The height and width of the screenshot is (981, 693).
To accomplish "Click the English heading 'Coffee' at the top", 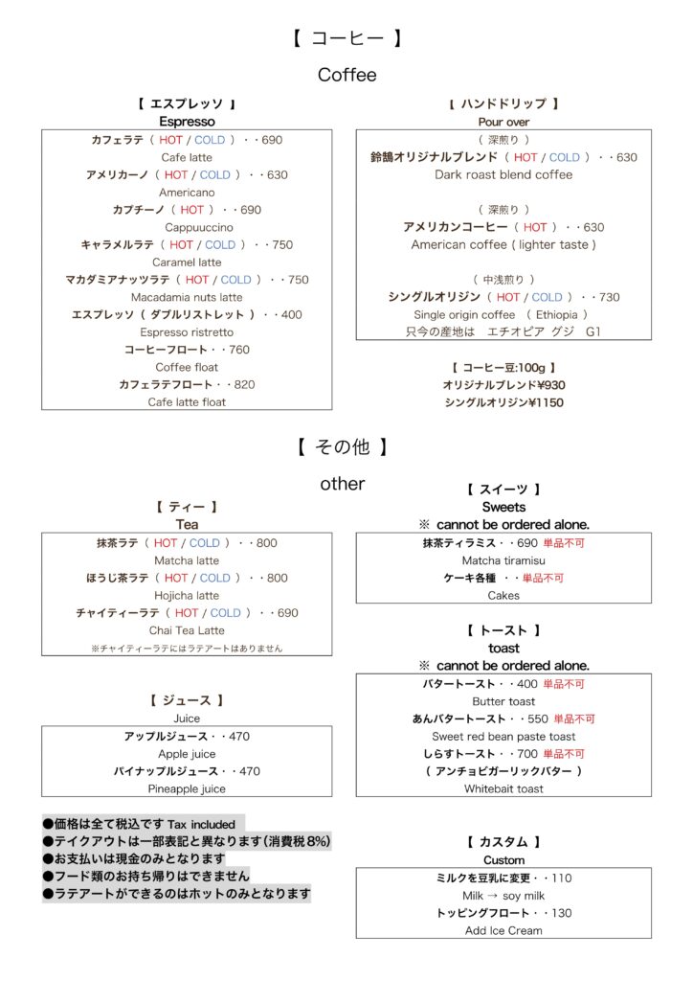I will (346, 75).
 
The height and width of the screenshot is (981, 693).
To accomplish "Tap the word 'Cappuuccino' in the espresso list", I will (187, 227).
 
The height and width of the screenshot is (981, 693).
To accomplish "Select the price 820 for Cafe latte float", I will (244, 384).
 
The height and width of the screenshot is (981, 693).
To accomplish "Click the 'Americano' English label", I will (187, 193).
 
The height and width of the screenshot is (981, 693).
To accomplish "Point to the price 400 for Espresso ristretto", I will (291, 314).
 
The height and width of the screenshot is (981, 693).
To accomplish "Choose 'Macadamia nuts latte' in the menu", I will (187, 297).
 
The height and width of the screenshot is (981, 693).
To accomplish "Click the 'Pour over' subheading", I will (503, 122).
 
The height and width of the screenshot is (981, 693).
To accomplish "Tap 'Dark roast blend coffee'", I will (503, 174).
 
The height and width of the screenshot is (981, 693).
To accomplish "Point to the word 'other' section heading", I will (342, 484).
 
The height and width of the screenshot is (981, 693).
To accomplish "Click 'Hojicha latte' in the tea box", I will (187, 595).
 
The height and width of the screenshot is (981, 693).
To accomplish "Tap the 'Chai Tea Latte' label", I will (187, 630).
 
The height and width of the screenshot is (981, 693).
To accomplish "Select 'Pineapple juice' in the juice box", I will (187, 788).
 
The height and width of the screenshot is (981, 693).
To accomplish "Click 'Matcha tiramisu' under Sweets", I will (503, 560).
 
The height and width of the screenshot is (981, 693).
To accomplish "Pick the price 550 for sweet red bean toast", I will (537, 719).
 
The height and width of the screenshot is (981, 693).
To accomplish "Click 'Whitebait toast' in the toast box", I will (503, 788).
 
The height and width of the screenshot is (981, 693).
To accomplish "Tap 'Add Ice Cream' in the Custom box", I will (503, 930).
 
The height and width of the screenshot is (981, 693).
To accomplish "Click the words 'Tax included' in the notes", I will (201, 824).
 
